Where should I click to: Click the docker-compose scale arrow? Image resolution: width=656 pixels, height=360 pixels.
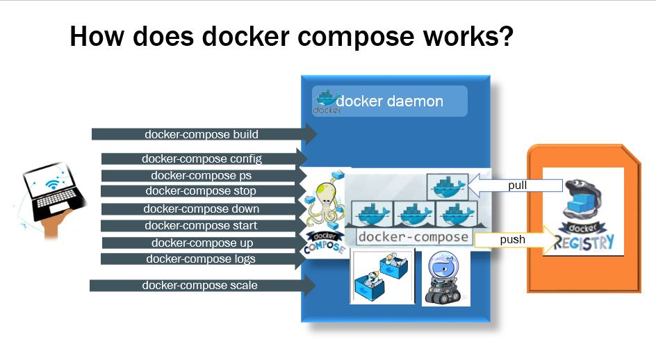tap(202, 286)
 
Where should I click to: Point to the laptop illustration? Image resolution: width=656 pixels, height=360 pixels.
tap(52, 195)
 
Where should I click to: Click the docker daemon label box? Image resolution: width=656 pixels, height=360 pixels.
tap(390, 101)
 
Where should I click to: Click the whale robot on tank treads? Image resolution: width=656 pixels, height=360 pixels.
tap(445, 278)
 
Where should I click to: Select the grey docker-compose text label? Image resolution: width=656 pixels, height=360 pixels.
tap(414, 237)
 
